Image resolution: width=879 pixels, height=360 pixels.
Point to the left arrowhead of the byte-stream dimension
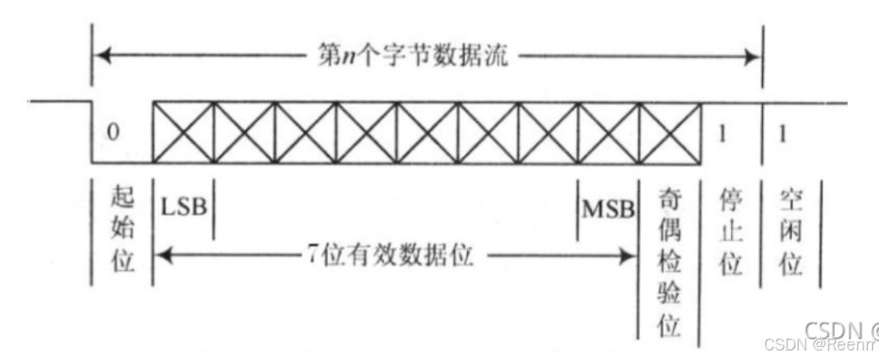coord(99,59)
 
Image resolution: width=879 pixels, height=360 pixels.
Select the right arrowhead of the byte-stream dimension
coord(754,59)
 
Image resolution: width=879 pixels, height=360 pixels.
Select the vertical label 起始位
coord(124,231)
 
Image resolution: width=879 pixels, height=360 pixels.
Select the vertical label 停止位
coord(731,232)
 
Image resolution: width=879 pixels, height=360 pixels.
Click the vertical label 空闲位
coord(790,232)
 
